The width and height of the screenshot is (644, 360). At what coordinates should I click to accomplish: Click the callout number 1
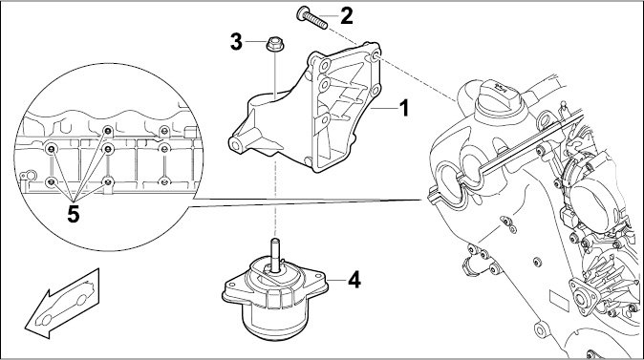pos(404,108)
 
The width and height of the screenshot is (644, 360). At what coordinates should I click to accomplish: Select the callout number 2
pos(346,15)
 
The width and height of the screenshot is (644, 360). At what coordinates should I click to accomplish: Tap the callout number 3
pos(236,42)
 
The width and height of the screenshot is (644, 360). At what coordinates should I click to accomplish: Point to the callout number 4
pos(354,280)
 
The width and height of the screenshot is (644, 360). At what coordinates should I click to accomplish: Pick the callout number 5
pos(74,214)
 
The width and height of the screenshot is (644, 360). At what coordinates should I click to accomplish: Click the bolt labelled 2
pos(311,17)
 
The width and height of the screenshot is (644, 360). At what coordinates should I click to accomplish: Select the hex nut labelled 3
pos(274,44)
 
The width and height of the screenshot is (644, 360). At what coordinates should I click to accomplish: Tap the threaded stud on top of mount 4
pos(275,255)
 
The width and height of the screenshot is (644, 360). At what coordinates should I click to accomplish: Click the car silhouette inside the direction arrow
pos(66,304)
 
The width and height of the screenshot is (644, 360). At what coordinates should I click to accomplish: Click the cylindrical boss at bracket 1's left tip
pos(237,145)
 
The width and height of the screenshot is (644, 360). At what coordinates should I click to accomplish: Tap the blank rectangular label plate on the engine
pos(560,302)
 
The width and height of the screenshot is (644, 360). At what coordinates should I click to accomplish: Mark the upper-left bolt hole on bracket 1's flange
pos(325,65)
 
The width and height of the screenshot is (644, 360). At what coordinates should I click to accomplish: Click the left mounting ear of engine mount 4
pos(235,289)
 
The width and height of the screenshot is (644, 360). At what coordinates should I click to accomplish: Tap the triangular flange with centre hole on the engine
pos(581,298)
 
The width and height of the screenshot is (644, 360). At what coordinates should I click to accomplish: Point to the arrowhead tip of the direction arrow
pos(26,328)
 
